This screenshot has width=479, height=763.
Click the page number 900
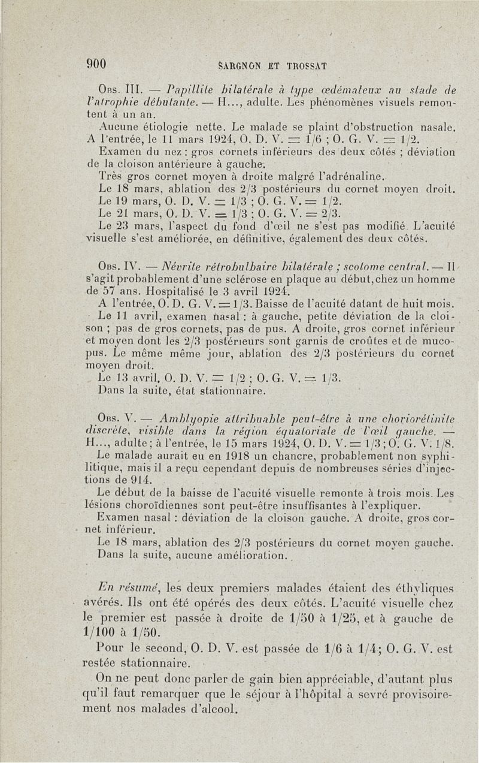(96, 64)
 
